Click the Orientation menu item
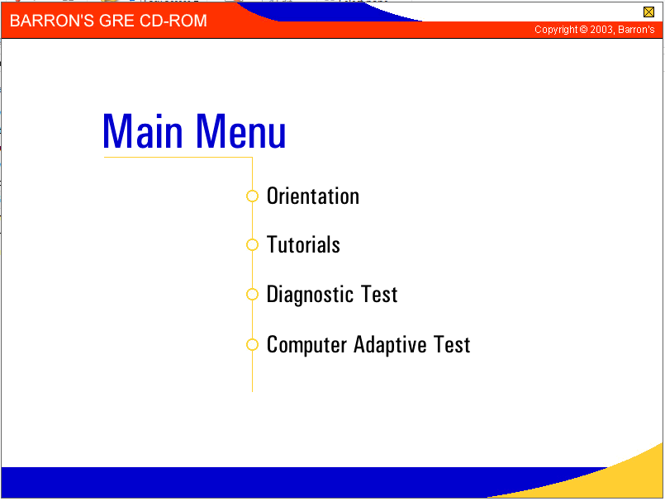[313, 196]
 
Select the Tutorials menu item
[303, 244]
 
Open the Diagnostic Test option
[332, 295]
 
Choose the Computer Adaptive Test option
[368, 345]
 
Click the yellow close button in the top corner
[648, 12]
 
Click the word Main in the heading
[143, 131]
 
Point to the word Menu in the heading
[241, 131]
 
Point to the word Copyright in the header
[556, 30]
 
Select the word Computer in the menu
[306, 345]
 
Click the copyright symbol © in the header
[583, 30]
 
